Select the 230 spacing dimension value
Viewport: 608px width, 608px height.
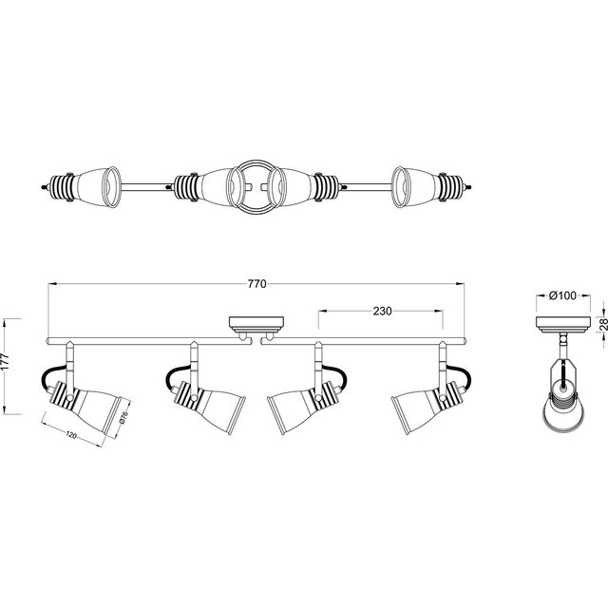[381, 311]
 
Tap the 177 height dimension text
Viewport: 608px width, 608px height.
[9, 364]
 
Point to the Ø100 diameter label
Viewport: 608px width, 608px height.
[562, 296]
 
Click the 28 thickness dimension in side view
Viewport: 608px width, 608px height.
[601, 325]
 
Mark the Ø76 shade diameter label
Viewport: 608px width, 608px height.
[122, 421]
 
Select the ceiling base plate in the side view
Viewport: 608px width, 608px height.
[562, 325]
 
